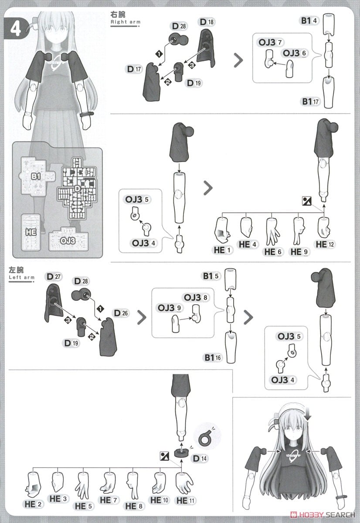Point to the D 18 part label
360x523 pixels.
(x=207, y=22)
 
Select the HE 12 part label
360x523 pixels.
(x=325, y=245)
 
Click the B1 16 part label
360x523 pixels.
(x=213, y=357)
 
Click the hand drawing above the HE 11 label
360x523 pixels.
(x=184, y=482)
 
